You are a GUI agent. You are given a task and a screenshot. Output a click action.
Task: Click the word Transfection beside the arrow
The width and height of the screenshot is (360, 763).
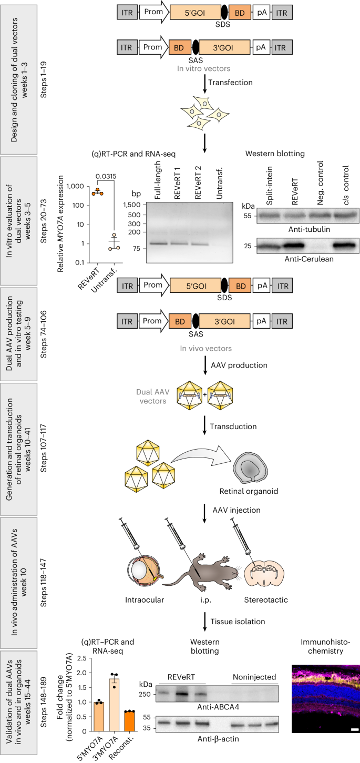coord(230,83)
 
